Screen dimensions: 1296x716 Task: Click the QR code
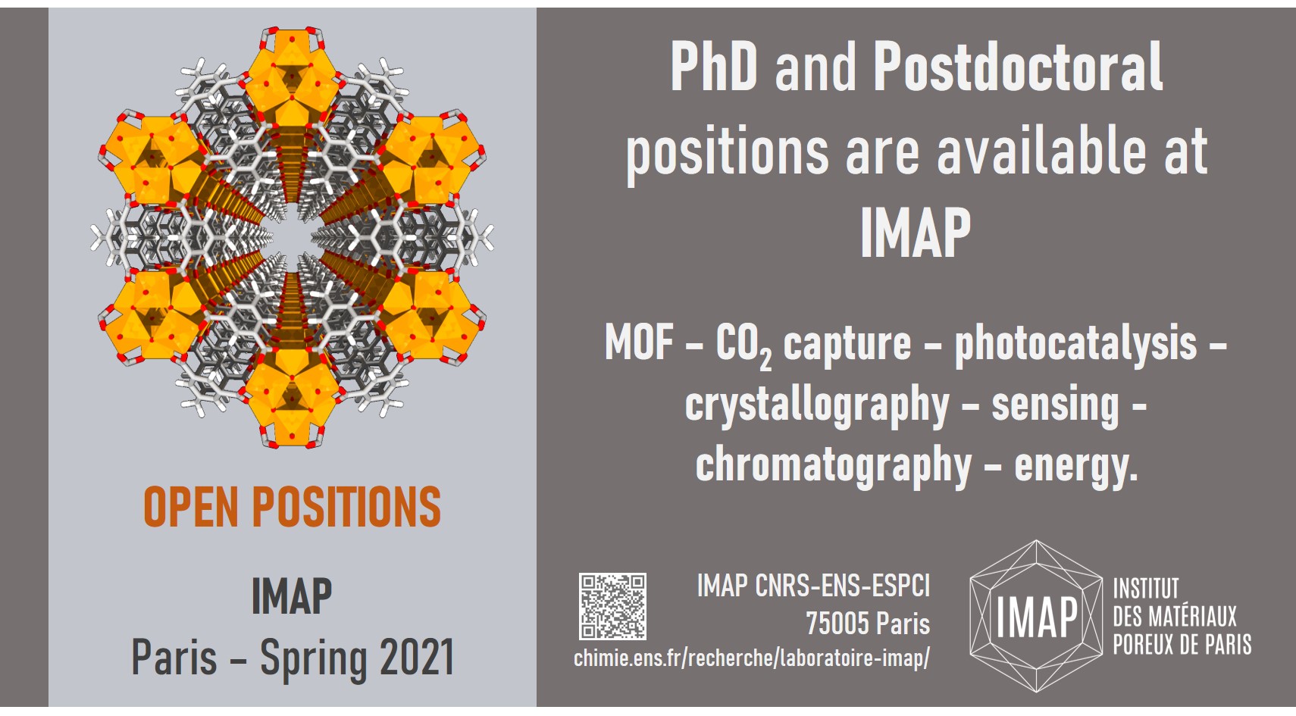coord(612,606)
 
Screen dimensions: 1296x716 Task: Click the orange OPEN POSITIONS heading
coord(293,507)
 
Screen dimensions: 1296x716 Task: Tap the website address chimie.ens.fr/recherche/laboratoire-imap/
coord(752,658)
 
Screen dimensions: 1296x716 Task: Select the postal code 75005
coord(837,624)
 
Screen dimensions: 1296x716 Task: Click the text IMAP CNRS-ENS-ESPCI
coord(813,586)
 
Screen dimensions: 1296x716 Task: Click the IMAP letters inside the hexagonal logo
coord(1036,617)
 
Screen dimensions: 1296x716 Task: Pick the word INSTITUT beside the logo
coord(1146,589)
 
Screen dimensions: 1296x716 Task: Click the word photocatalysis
coord(1075,343)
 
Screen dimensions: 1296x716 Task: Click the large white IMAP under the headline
coord(916,233)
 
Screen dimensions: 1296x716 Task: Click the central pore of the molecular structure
coord(293,237)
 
